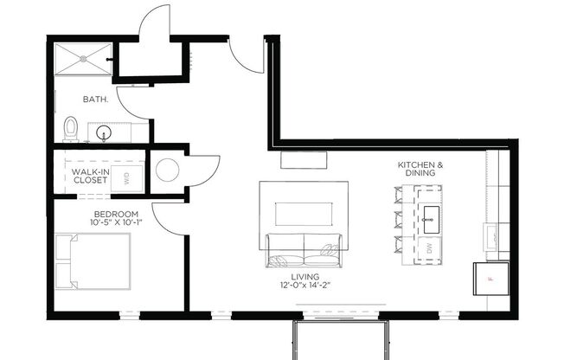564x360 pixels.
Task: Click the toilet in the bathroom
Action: click(72, 129)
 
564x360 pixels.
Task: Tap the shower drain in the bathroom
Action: click(84, 59)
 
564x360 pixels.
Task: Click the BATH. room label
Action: click(95, 100)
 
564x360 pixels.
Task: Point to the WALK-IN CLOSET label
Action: click(90, 177)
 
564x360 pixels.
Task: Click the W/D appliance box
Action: click(127, 179)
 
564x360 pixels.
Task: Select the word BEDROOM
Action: click(116, 214)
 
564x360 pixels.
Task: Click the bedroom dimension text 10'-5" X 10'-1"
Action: click(116, 223)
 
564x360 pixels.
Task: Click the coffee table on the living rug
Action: click(304, 215)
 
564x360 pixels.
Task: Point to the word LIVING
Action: click(305, 277)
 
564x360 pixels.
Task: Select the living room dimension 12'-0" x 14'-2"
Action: click(305, 286)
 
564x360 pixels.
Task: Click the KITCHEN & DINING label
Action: click(421, 169)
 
